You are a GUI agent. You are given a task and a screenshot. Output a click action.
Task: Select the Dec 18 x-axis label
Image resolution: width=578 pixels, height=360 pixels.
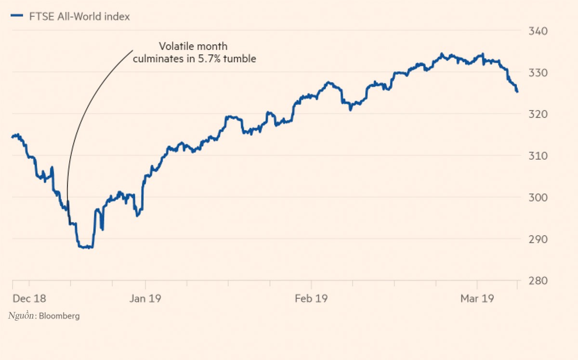click(29, 299)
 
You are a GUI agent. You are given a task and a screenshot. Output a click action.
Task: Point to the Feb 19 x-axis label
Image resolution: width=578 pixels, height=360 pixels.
click(311, 299)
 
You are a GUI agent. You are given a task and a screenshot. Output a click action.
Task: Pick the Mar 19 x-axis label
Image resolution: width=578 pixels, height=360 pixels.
click(477, 299)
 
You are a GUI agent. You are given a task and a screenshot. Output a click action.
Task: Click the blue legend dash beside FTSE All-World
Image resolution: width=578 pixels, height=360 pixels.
click(17, 16)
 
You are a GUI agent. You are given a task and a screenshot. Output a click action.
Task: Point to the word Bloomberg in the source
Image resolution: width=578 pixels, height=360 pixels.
click(59, 316)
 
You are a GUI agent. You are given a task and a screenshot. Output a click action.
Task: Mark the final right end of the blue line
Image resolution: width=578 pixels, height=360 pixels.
click(517, 91)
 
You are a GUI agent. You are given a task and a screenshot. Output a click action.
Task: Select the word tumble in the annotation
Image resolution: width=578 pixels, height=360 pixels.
click(241, 59)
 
